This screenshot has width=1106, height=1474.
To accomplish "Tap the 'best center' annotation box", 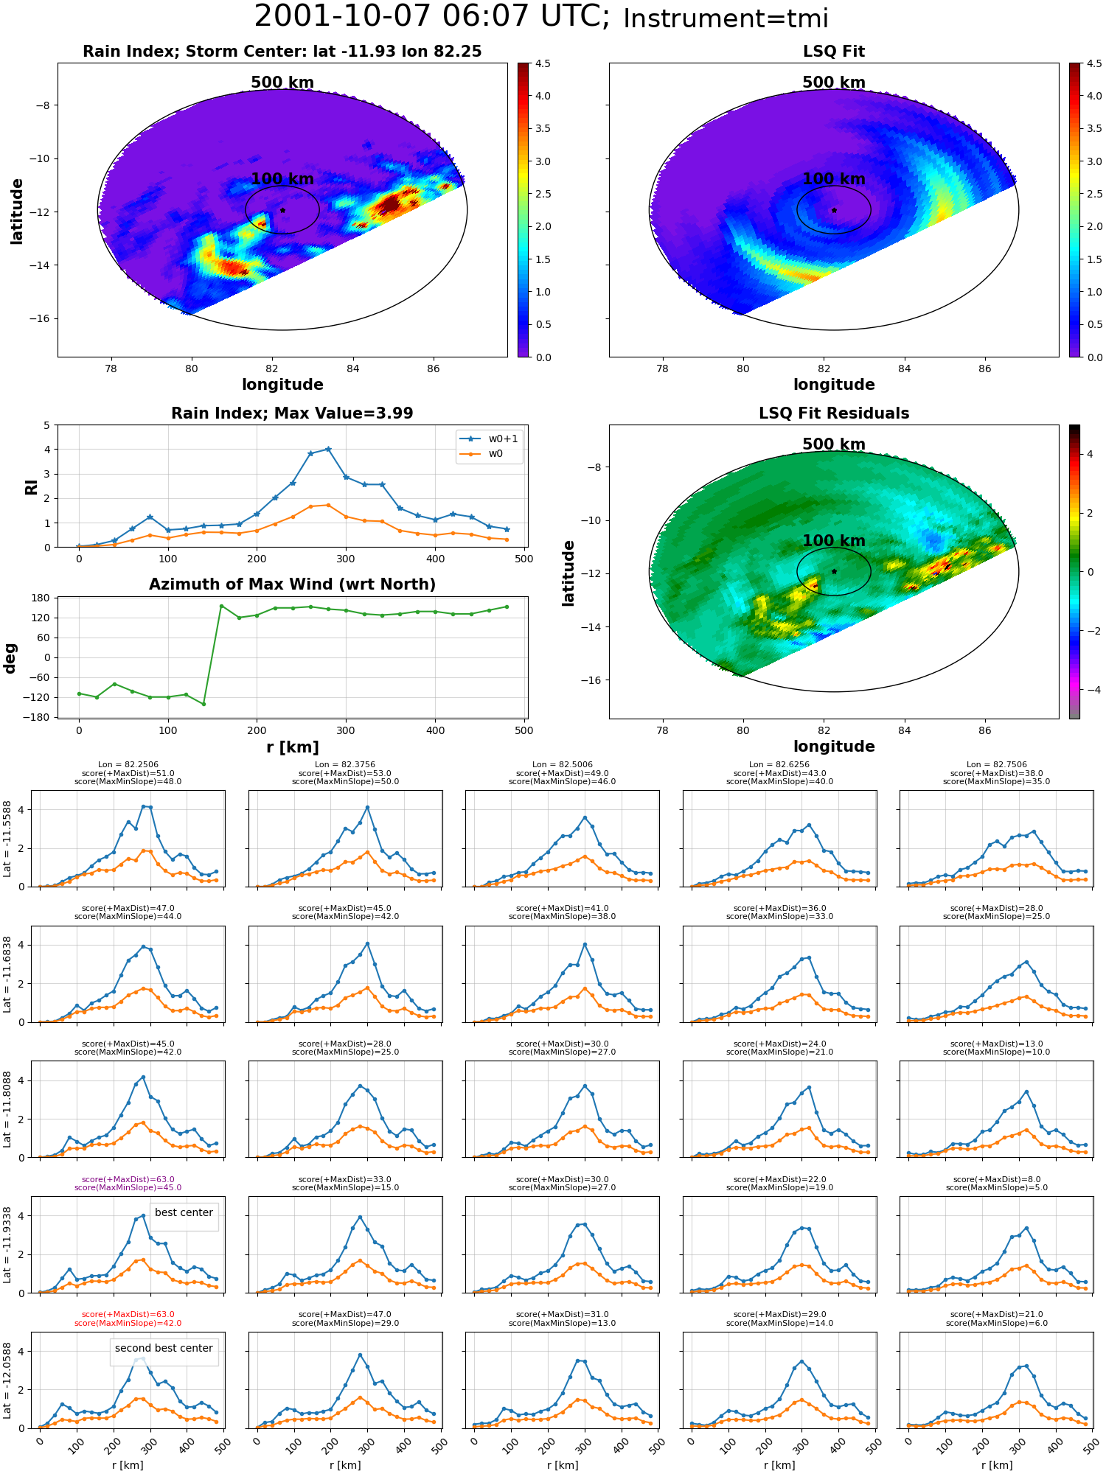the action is coord(184,1212).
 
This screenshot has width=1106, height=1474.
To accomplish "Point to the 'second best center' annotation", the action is coord(164,1348).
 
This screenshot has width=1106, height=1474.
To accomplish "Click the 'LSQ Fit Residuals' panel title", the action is coord(834,413).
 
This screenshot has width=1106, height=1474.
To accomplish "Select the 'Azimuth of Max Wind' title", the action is coord(293,584).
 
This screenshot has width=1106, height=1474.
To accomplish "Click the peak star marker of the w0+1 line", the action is coord(328,449).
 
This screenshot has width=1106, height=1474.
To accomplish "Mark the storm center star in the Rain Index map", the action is coord(282,210).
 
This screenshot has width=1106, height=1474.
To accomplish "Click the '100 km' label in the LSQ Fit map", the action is coord(834,179).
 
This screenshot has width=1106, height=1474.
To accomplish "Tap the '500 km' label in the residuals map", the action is coord(834,444).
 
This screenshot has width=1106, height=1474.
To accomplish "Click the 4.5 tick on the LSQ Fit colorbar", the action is coord(1095,64).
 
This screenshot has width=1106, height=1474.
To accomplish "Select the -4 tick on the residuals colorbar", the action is coord(1090,690).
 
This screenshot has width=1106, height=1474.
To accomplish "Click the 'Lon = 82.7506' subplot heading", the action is coord(996,765).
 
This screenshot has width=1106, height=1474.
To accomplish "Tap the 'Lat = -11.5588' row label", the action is coord(7,839).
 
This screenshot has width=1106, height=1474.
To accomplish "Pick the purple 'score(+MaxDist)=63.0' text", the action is coord(128,1179).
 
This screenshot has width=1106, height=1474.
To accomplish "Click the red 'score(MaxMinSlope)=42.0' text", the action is coord(128,1323).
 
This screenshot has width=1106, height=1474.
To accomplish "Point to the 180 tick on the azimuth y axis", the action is coord(41,598).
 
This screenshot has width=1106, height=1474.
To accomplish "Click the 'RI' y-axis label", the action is coord(31,486).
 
